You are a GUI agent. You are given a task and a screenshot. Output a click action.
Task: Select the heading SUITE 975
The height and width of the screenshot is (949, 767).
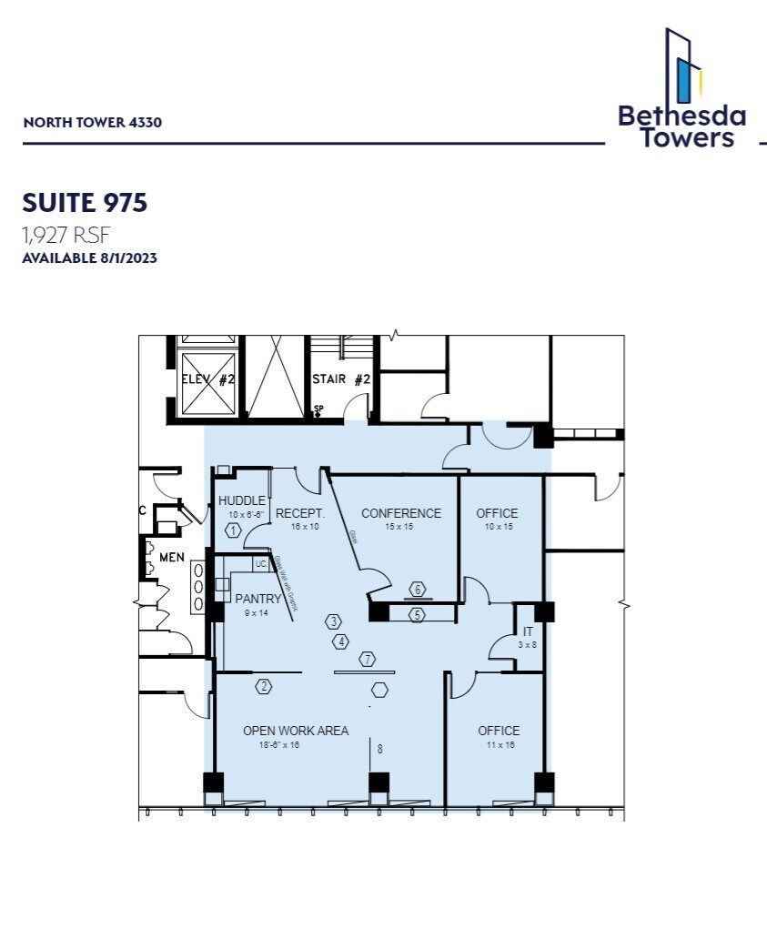click(85, 203)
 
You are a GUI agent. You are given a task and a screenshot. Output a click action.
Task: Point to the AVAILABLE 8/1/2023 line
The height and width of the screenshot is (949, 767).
click(89, 258)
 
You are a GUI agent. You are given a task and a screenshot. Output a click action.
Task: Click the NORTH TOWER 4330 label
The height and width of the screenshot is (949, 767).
click(92, 123)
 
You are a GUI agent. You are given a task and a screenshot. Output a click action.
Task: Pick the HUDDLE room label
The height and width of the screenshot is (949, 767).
click(242, 501)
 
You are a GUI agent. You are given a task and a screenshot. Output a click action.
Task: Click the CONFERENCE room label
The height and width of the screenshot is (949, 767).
click(401, 513)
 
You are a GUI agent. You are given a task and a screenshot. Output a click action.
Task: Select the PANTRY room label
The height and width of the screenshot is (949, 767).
click(258, 599)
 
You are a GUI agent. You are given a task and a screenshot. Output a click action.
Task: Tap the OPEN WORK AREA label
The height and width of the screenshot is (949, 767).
click(296, 731)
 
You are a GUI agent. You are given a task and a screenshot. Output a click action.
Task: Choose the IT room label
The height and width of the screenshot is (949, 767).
click(528, 631)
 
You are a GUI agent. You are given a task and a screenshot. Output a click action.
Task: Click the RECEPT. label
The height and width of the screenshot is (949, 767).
click(300, 513)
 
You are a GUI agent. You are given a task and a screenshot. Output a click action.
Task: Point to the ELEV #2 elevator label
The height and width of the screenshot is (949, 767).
click(208, 379)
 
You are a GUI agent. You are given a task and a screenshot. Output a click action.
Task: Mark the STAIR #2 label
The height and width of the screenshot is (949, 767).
click(341, 379)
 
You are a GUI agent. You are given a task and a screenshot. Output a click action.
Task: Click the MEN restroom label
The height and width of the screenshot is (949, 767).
click(172, 555)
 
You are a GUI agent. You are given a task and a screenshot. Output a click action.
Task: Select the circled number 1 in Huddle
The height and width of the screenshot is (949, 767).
click(234, 530)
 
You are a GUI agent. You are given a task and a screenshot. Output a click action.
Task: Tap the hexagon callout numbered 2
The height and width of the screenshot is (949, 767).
click(264, 687)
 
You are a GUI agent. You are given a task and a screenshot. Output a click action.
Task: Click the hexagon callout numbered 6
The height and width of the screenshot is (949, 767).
click(418, 589)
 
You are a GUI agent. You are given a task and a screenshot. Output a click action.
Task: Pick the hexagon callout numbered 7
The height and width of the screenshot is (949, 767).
click(368, 659)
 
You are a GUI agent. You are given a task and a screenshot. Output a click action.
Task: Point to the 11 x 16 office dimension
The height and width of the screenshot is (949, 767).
click(499, 744)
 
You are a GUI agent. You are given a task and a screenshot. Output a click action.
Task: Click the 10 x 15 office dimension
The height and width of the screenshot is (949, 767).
click(497, 527)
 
